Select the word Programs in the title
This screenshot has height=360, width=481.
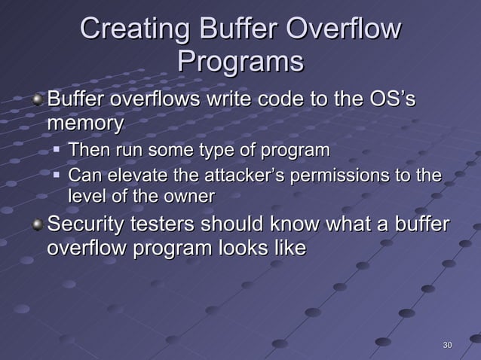pyautogui.click(x=240, y=62)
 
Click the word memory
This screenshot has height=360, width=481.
pyautogui.click(x=84, y=123)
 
